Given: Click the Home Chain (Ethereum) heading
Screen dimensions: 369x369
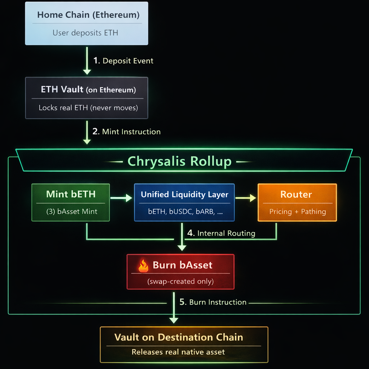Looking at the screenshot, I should (88, 15).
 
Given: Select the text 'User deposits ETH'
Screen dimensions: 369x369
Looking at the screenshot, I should (85, 33).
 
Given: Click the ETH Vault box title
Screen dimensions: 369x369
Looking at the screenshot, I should (88, 90).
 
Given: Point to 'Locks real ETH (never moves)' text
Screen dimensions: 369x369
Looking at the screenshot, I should (88, 107).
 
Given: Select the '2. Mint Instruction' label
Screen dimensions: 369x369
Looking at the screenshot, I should (126, 132).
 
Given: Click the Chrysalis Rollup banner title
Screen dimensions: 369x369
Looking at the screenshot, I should (179, 161).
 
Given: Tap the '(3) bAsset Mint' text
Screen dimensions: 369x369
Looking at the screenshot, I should (72, 212).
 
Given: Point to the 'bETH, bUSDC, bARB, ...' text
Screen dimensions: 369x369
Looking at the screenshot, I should (185, 212).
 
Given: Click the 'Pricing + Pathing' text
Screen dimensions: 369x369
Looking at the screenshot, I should (297, 212).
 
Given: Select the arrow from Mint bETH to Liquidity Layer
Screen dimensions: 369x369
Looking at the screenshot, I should (121, 198).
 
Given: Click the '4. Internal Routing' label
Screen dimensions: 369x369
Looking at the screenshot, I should (221, 233).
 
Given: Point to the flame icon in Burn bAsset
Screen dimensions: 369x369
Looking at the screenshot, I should (143, 266).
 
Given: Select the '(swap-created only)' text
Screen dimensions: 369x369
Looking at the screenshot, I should (180, 281).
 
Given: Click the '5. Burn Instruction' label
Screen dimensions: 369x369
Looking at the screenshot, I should (213, 302).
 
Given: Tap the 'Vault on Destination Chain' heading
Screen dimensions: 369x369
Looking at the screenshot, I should (178, 337).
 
